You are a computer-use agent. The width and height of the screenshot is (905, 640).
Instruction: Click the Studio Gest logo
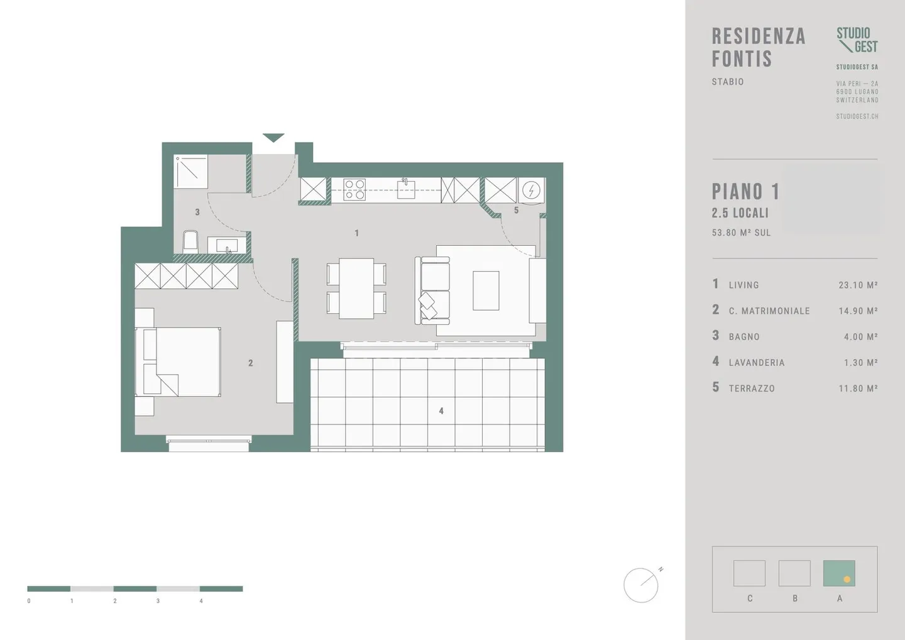click(857, 40)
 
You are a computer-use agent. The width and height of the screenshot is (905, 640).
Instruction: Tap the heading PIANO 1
click(745, 192)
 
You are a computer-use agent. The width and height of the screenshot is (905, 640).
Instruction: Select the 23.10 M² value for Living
click(858, 285)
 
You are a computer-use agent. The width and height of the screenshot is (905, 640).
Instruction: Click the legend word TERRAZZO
click(752, 389)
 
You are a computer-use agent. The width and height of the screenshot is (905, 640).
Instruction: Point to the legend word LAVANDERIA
click(757, 363)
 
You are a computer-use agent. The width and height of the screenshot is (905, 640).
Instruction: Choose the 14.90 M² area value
click(858, 311)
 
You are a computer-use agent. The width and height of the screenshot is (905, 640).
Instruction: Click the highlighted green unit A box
click(839, 573)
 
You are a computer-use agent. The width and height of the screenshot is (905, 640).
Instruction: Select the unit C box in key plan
click(749, 573)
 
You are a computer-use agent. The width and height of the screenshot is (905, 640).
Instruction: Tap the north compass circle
click(640, 585)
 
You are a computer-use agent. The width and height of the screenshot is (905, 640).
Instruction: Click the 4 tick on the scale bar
click(201, 601)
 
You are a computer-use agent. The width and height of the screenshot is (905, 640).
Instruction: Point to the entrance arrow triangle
click(273, 138)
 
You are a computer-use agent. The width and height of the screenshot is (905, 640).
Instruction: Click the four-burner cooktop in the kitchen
click(354, 189)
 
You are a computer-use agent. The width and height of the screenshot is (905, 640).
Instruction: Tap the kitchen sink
click(405, 188)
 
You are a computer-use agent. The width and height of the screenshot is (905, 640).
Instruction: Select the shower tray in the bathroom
click(191, 172)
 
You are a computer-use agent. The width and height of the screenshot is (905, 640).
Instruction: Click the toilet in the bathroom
click(190, 242)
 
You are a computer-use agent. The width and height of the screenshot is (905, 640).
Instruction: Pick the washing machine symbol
click(532, 189)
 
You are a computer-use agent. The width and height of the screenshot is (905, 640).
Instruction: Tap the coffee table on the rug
click(486, 290)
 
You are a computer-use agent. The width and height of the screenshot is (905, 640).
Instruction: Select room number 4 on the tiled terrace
click(441, 411)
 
